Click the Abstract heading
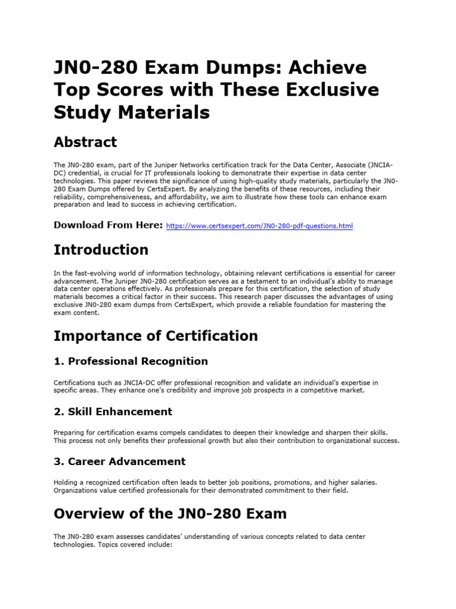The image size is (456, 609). tap(85, 142)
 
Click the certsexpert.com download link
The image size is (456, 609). tap(259, 227)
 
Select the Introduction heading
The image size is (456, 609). tap(101, 249)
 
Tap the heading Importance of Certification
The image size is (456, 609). tap(156, 336)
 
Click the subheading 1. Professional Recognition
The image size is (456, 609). tap(131, 361)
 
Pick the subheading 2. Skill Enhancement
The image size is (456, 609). tap(113, 412)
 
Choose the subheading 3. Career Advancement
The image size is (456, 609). tap(119, 462)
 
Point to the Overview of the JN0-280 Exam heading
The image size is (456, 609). tap(170, 513)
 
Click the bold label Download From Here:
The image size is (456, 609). tap(108, 225)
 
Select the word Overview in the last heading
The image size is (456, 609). tap(88, 513)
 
